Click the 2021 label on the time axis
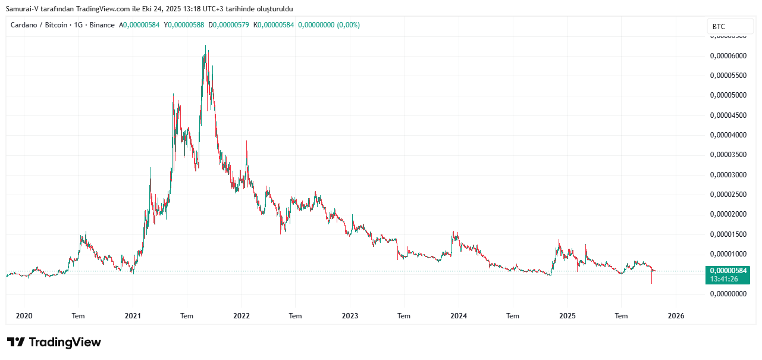[x=133, y=317]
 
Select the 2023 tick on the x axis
[x=350, y=317]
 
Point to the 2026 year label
[x=676, y=317]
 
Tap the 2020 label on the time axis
[x=24, y=317]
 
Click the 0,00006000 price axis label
[x=728, y=56]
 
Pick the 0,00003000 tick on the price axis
[x=728, y=175]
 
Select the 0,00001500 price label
[x=728, y=234]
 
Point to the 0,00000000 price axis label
[x=728, y=294]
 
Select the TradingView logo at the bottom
[x=54, y=342]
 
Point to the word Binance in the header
[x=102, y=25]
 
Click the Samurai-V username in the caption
[x=22, y=9]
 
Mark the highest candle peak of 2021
[x=206, y=46]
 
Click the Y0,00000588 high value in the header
[x=186, y=25]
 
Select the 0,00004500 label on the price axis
[x=728, y=115]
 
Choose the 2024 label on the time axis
[x=458, y=317]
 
